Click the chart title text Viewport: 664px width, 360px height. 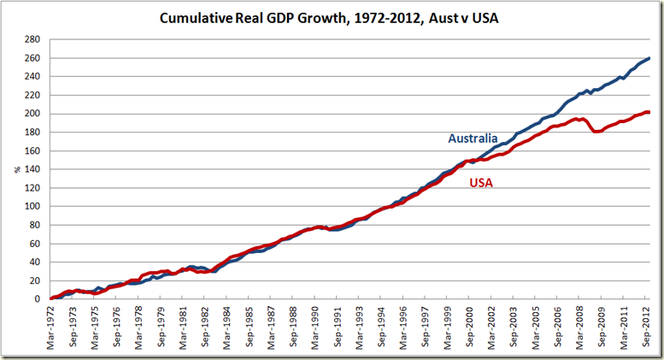coord(329,17)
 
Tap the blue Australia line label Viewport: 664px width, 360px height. coord(474,139)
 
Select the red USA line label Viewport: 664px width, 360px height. coord(480,182)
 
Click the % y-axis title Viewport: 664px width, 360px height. coord(16,169)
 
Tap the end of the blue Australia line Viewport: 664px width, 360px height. coord(649,58)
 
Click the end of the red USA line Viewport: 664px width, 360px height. coord(649,112)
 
